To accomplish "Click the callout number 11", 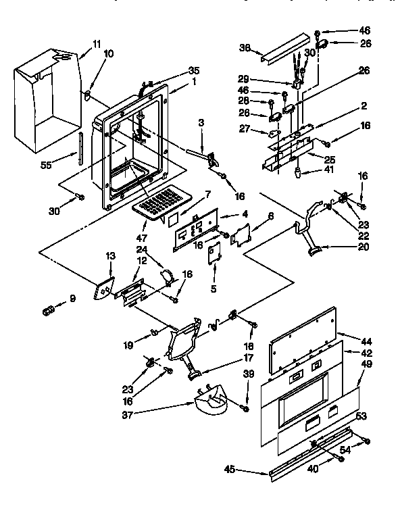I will click(97, 44).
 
